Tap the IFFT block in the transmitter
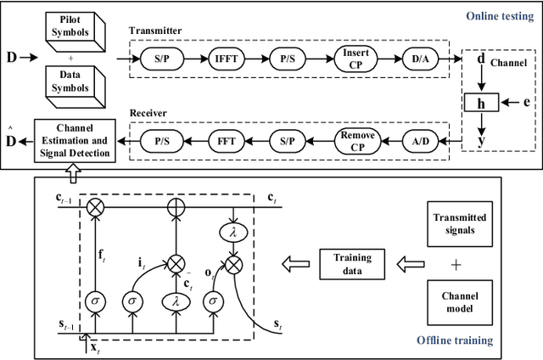226,59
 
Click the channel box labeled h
481,103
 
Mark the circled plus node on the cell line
176,205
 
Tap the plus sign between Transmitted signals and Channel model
457,264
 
